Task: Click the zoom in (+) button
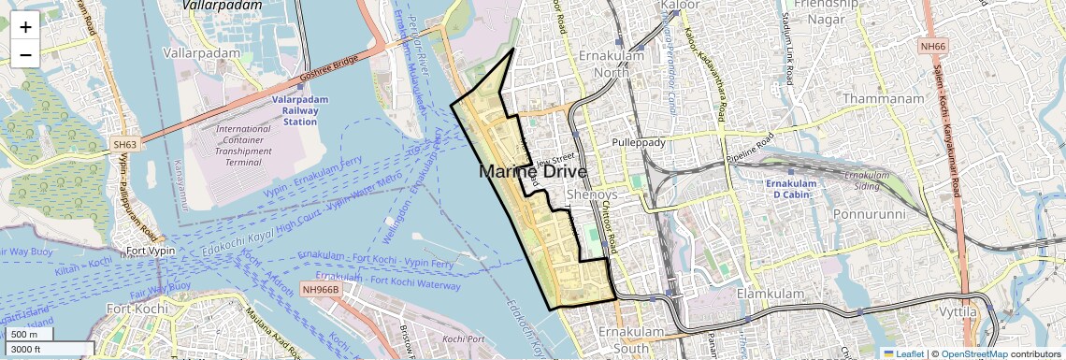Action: (x=25, y=26)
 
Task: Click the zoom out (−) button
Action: (x=25, y=54)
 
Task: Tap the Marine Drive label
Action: (x=533, y=172)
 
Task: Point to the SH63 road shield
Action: (x=125, y=145)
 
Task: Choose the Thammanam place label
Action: (x=883, y=98)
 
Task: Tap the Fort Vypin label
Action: (x=147, y=252)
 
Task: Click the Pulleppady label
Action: (x=638, y=142)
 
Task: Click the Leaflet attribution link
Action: (x=902, y=353)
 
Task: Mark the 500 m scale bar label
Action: (x=25, y=334)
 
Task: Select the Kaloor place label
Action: (x=680, y=6)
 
